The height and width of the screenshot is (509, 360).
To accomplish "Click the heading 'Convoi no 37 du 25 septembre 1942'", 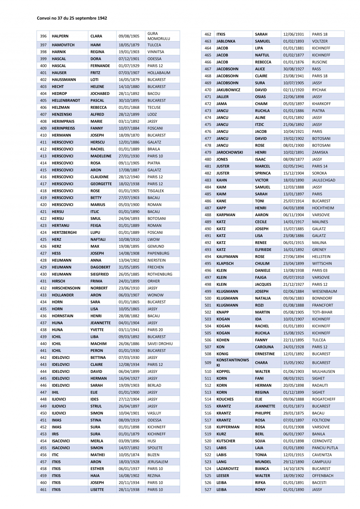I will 72,18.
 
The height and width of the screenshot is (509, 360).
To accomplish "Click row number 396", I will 43,36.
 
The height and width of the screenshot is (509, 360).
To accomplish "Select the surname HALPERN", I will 60,36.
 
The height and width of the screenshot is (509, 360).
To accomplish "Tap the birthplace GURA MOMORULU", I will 159,36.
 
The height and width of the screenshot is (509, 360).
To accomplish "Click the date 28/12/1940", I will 129,177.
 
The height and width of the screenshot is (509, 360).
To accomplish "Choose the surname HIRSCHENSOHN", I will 66,288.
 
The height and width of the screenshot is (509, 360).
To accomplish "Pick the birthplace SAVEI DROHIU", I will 160,343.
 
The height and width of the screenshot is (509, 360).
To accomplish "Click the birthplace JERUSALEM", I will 157,462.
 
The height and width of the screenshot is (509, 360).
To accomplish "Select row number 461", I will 43,489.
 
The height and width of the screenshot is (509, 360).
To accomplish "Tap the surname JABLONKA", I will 226,41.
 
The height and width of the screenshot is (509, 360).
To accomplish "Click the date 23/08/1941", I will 294,76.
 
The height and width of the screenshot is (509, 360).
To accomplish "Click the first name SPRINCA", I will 263,173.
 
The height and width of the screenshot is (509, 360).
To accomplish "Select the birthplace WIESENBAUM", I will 324,291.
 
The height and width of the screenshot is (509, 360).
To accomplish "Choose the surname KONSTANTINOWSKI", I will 232,362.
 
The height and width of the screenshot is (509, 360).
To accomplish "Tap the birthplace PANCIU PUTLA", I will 325,447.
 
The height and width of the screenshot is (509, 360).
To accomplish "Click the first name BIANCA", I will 262,469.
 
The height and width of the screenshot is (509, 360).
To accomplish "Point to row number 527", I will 208,489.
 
